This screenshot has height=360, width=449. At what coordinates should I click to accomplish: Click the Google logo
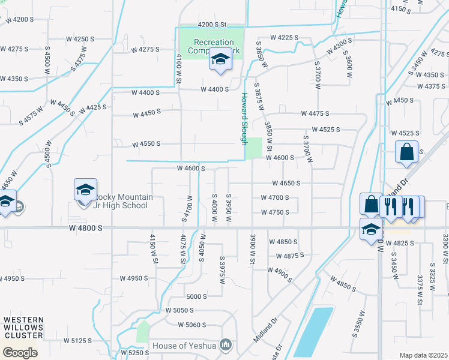(x=20, y=353)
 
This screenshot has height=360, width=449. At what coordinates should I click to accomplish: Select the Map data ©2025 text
(x=423, y=355)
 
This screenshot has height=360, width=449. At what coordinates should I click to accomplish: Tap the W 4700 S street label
(x=275, y=197)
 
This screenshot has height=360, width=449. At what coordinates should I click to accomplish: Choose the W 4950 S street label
(x=134, y=278)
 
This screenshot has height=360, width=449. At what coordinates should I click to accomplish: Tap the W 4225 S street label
(x=284, y=37)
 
